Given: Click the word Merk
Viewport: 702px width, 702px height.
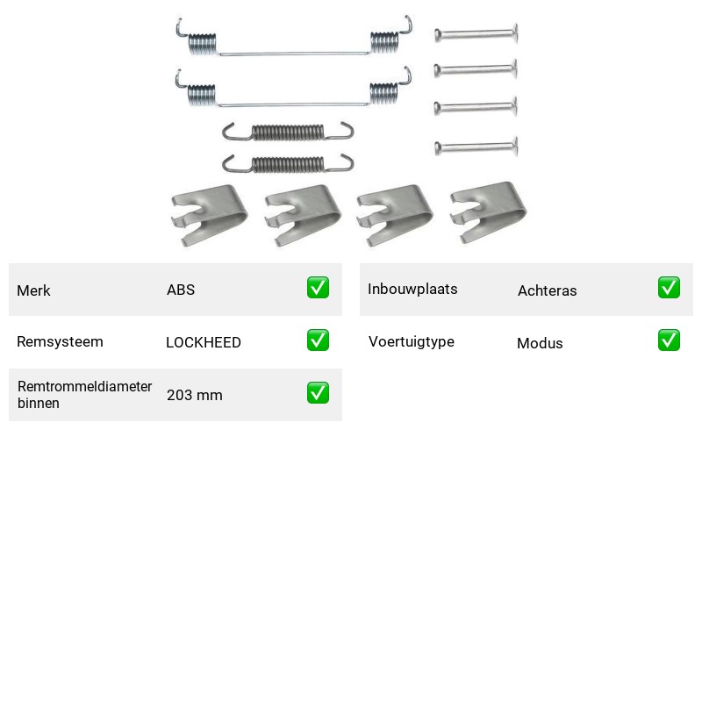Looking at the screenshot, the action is point(33,290).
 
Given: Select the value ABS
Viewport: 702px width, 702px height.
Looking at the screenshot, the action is point(181,290).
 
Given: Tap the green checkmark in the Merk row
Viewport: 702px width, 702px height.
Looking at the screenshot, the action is point(318,288).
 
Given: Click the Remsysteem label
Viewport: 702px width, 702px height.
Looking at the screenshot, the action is point(60,341).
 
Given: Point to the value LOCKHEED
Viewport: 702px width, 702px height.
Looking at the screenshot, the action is point(204,342).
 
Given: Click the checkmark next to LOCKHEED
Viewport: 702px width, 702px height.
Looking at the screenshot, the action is point(318,340).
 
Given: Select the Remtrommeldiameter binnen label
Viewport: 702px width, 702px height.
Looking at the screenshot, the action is point(84,394).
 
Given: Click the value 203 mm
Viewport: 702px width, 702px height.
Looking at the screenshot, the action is point(195,396).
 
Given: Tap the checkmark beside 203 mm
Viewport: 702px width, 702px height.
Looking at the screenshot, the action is point(318,392).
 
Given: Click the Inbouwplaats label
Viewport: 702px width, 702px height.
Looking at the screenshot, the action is point(412,290).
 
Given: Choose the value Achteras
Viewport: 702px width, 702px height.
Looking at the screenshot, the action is point(548,290).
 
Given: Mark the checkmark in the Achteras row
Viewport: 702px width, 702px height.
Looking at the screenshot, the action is point(669,288).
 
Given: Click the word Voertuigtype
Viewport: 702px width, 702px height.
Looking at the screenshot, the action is point(412,341).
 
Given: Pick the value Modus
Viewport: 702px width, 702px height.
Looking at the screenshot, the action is point(540,343).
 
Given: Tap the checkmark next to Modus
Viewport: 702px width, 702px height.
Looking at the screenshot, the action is point(669,340).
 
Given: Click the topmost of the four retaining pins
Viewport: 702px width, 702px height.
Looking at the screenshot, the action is point(476,33).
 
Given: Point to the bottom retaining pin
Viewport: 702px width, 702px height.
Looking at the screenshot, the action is point(476,147).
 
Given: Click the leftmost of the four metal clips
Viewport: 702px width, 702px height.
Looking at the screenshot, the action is point(209,215).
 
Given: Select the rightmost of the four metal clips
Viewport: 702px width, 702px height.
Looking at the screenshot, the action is point(488,212).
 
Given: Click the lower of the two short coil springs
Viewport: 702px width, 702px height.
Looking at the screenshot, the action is point(288,164).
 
